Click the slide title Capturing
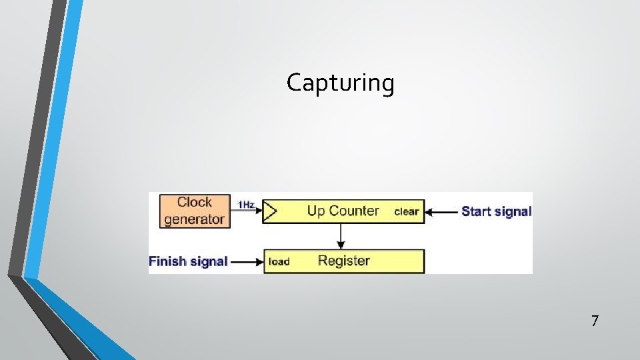[x=341, y=83]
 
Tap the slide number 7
[x=595, y=321]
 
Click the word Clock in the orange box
[x=195, y=202]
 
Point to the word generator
[x=195, y=219]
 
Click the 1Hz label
[x=246, y=205]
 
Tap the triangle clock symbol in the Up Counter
[x=270, y=211]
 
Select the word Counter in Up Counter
[x=353, y=211]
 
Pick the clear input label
[x=406, y=212]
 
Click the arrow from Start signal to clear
[x=441, y=212]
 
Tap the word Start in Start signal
[x=475, y=212]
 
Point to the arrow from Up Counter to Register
[x=341, y=236]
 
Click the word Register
[x=343, y=261]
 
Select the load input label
[x=279, y=262]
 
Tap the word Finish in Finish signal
[x=167, y=261]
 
